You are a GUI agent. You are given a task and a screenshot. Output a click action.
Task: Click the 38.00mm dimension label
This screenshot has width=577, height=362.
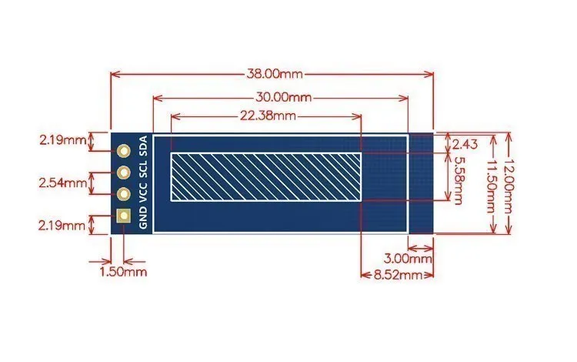(274, 74)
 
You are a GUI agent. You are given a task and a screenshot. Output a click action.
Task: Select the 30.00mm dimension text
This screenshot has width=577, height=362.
(283, 98)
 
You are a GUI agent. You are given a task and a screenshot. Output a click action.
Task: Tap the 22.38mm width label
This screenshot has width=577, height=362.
(268, 116)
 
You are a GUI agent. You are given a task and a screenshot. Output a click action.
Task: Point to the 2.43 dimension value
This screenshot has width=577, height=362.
(465, 144)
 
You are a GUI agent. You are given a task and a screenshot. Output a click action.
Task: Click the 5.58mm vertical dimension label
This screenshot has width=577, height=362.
(459, 180)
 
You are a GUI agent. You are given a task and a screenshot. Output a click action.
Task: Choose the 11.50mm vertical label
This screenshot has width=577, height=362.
(491, 186)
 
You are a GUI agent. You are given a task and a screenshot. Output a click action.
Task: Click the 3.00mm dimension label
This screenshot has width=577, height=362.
(408, 259)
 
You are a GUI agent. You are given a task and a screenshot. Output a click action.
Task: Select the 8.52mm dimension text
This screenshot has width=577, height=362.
(399, 275)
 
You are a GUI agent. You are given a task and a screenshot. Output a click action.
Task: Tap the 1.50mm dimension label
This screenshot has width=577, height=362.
(123, 272)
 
